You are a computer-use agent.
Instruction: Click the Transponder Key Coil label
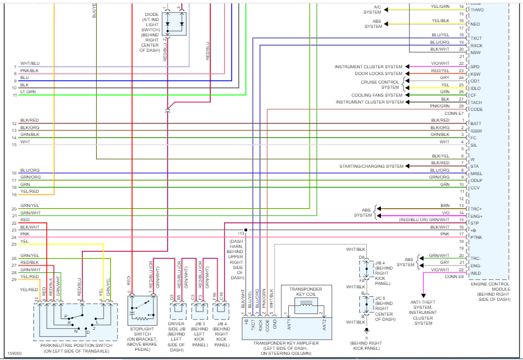pos(306,291)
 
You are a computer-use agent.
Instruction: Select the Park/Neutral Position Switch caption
pos(76,348)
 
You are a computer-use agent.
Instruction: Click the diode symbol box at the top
pos(174,24)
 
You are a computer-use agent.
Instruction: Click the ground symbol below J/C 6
pos(367,331)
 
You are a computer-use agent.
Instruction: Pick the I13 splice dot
pos(246,230)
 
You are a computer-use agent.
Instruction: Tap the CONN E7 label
pos(454,113)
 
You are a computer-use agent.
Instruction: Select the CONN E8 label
pos(454,276)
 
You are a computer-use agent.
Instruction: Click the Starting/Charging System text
pos(371,166)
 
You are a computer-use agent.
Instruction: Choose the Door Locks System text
pos(379,73)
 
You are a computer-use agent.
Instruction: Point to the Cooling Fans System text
pos(377,95)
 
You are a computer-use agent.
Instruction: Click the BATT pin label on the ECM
pos(476,123)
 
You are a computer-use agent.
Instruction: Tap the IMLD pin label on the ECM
pos(476,273)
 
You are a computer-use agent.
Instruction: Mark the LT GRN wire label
pos(28,92)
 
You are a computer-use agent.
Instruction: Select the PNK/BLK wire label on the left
pos(30,71)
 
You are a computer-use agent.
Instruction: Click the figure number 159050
pos(14,353)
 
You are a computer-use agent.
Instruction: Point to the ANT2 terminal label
pos(324,324)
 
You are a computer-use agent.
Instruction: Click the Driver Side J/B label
pos(176,337)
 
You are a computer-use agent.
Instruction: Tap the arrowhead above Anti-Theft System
pos(424,296)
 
